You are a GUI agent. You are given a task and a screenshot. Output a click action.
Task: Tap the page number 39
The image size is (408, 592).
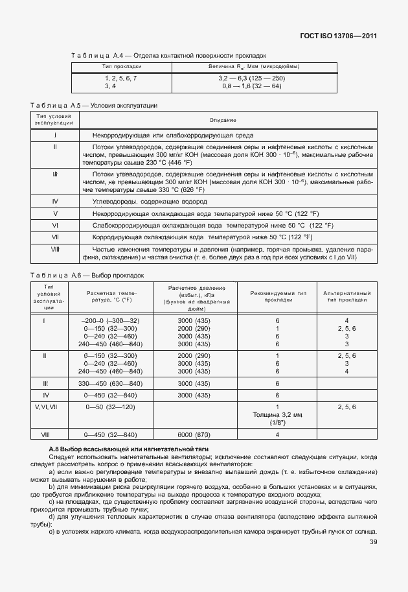point(372,542)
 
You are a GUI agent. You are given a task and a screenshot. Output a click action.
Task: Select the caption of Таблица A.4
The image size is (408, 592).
point(169,56)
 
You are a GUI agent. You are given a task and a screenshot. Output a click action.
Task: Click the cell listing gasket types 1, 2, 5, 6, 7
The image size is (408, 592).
point(121,78)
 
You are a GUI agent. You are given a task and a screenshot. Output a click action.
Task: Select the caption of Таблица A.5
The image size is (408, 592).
point(95,105)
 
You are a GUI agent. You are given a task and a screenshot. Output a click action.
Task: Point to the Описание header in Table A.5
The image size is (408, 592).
point(223,121)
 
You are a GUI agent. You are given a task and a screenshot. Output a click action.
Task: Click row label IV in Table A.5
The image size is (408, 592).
point(55,202)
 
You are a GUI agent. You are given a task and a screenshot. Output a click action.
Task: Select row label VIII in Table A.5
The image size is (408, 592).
point(55,249)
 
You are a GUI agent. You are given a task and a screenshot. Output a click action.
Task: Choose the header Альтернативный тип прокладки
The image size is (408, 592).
point(346,296)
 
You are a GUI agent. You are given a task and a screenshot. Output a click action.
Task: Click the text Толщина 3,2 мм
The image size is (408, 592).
point(277,414)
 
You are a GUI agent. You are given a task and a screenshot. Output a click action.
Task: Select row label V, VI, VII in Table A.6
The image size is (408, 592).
point(46,406)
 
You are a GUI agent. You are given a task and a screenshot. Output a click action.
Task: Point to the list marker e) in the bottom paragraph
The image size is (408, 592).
point(51,532)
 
